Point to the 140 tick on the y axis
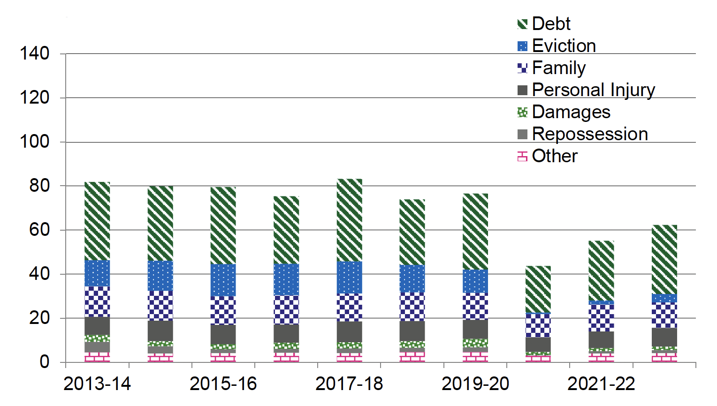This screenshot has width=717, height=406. coord(34,53)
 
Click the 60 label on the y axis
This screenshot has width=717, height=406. coord(39,230)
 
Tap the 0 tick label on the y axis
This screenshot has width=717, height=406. coord(45,362)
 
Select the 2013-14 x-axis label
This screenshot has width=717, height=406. coord(97,384)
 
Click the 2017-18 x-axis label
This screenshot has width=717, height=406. coord(349,384)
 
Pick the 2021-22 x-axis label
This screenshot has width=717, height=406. coord(601,384)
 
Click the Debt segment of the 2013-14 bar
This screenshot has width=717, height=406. coord(97,221)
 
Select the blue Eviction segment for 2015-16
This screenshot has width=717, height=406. coord(223,280)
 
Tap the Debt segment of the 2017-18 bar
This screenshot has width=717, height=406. coord(349,220)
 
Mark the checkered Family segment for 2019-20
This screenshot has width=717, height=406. coord(475,306)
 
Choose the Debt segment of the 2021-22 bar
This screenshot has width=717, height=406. coord(601,271)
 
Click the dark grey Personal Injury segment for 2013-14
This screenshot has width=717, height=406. coord(97,325)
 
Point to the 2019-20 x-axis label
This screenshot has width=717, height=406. coord(475,384)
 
